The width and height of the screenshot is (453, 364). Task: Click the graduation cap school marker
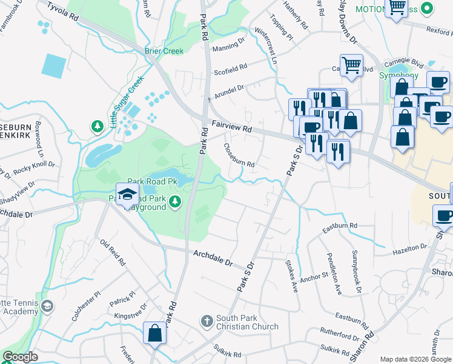pyautogui.click(x=127, y=195)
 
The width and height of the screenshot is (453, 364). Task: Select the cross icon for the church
pyautogui.click(x=207, y=320)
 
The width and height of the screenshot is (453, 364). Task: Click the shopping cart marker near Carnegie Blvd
pyautogui.click(x=351, y=64)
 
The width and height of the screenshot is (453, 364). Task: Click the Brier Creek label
pyautogui.click(x=164, y=51)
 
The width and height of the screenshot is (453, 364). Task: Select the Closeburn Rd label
pyautogui.click(x=239, y=156)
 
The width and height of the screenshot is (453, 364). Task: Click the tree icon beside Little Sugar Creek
pyautogui.click(x=96, y=126)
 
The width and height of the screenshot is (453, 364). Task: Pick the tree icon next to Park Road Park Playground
pyautogui.click(x=175, y=201)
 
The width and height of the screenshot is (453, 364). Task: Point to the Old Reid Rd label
pyautogui.click(x=113, y=253)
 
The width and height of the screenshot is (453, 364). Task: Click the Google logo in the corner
pyautogui.click(x=20, y=357)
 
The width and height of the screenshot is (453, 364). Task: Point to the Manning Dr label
pyautogui.click(x=228, y=44)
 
